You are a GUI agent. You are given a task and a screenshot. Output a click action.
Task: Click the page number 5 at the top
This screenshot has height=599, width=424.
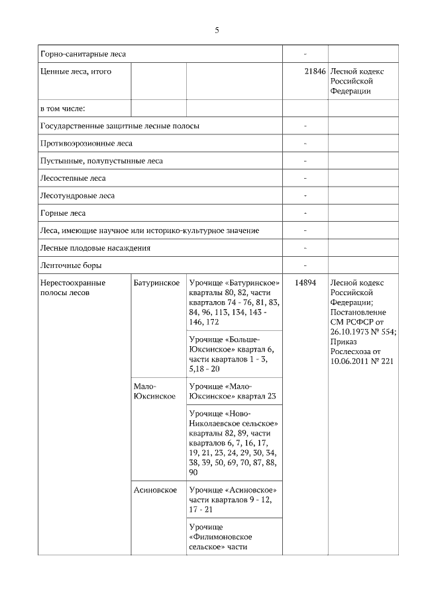click(217, 30)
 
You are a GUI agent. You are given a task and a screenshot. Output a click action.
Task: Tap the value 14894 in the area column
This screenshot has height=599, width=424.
click(305, 283)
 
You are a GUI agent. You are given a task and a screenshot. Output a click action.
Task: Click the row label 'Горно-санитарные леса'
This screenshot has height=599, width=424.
click(83, 54)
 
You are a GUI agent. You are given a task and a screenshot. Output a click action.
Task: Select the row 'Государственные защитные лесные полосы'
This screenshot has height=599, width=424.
click(120, 126)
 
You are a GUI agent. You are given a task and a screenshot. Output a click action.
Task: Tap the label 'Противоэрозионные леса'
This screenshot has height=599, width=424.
click(86, 143)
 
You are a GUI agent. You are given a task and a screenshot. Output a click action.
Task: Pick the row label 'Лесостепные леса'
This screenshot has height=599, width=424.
click(73, 178)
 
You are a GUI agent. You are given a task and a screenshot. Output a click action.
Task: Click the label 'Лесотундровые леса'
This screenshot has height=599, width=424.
click(78, 195)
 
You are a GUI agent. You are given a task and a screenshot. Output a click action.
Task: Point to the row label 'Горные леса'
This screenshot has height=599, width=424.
click(63, 213)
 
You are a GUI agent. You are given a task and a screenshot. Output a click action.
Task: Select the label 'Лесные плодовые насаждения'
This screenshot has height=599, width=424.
click(95, 248)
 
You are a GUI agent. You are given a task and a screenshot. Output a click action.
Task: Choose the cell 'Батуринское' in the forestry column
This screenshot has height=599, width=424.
click(157, 283)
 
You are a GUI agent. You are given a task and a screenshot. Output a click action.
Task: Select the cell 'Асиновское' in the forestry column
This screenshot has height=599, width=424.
click(155, 490)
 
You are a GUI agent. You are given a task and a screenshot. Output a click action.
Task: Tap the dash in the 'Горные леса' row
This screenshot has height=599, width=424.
click(305, 213)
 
